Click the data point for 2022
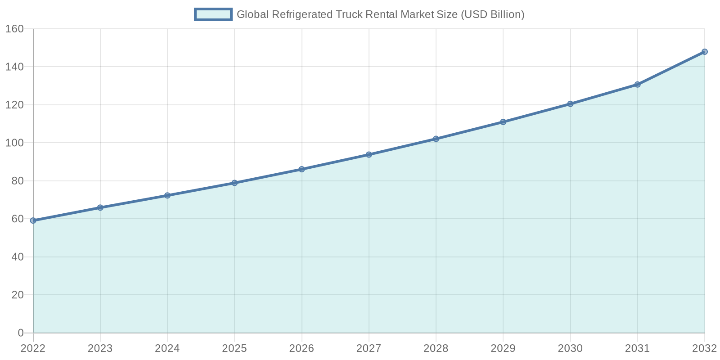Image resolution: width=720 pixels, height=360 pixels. pos(33,220)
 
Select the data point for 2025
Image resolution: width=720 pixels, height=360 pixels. pos(234,183)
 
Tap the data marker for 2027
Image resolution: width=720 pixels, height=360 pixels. pos(369,154)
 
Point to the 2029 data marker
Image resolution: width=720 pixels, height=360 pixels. pos(503,122)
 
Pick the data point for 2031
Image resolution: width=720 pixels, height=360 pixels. pos(637,85)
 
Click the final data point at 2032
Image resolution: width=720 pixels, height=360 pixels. pos(704,52)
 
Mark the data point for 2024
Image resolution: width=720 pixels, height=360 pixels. pos(167,195)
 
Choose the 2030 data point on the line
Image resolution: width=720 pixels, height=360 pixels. pos(570,104)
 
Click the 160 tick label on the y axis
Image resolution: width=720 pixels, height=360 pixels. pos(14,29)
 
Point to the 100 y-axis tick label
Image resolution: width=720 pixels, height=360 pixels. pos(14,143)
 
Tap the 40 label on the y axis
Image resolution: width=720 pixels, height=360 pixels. pos(18,257)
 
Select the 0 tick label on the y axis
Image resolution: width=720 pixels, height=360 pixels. pos(21,333)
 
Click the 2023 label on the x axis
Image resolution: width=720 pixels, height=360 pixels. pos(100,348)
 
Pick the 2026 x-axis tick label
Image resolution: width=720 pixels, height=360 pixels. pos(301,348)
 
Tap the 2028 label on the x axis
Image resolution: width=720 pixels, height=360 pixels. pos(436,348)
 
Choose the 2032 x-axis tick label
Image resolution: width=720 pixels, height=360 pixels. pos(704,348)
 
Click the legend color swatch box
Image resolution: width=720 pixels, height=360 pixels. pos(213,14)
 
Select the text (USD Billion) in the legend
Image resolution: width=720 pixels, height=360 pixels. pos(493,14)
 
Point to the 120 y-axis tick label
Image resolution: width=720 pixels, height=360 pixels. pos(14,105)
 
